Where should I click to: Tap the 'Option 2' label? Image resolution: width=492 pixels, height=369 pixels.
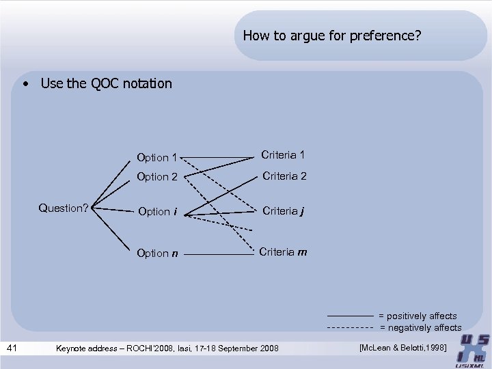[x=157, y=177]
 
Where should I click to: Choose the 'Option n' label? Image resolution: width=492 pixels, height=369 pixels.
[x=157, y=254]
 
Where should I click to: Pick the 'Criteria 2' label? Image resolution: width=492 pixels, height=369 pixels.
[x=284, y=176]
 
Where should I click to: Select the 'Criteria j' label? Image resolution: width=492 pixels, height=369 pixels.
[x=283, y=210]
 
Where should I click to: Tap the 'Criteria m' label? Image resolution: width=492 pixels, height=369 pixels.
[x=284, y=252]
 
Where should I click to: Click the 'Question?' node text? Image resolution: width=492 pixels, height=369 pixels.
[x=64, y=208]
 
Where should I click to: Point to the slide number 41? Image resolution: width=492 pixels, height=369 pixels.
[x=12, y=348]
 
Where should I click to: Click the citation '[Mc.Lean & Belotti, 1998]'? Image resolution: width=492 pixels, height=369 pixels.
[x=402, y=348]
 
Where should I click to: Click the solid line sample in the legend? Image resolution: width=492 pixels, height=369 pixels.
[x=350, y=316]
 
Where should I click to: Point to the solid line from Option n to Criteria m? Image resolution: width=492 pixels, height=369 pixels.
[x=219, y=255]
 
